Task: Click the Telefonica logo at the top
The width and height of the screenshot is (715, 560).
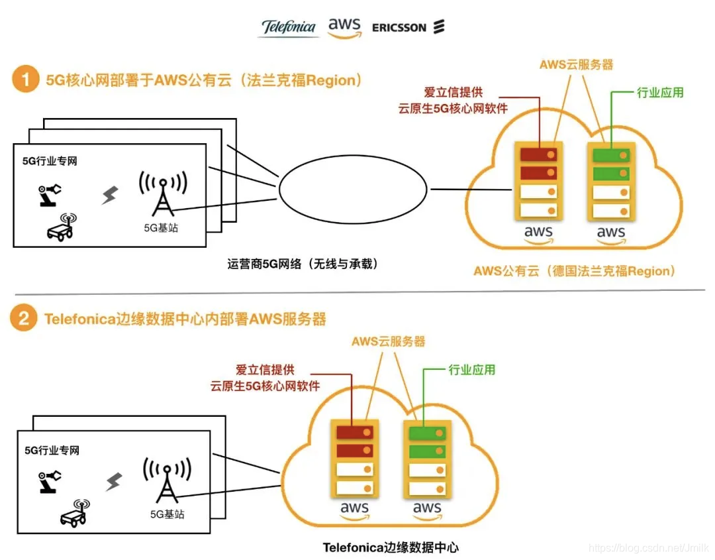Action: [x=288, y=27]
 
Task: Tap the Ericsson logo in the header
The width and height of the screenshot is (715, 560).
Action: [x=408, y=27]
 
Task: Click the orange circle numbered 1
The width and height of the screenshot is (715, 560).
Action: [x=25, y=81]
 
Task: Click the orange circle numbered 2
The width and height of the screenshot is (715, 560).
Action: [x=25, y=319]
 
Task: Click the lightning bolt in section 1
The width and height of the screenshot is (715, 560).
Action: [x=109, y=195]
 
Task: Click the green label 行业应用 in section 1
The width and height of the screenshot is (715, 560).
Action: [x=659, y=93]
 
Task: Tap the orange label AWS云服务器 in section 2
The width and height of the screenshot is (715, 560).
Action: [x=388, y=342]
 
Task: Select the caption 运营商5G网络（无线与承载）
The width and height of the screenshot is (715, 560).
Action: [x=303, y=264]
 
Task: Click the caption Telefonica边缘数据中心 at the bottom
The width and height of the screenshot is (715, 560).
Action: [x=391, y=547]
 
